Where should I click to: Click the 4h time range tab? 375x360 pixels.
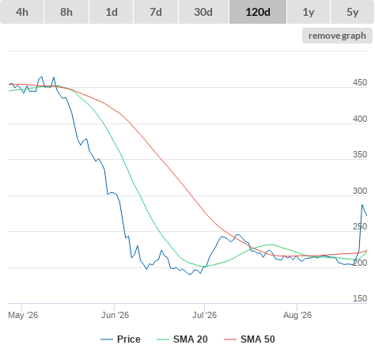22,12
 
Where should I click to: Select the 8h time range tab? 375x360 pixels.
66,12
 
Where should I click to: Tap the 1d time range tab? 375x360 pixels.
112,12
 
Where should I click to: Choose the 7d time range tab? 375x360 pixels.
156,12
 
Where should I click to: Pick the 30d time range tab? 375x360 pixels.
203,12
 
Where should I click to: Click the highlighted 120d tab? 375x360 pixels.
258,12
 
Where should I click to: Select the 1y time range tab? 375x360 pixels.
309,12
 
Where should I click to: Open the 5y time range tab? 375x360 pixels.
353,12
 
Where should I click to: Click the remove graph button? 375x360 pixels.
337,36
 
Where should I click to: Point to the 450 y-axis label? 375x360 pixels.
360,82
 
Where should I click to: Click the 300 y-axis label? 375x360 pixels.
360,191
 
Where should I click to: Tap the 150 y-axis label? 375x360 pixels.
360,298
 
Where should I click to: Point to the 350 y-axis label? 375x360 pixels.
360,154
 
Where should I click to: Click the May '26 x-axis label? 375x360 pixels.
23,315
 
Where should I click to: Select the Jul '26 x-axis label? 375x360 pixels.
204,315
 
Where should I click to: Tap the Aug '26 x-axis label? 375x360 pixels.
297,315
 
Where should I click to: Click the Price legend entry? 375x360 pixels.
120,339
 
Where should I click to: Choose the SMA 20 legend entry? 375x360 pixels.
182,339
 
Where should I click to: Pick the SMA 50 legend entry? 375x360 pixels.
249,339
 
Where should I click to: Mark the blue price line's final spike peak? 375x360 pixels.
362,205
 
